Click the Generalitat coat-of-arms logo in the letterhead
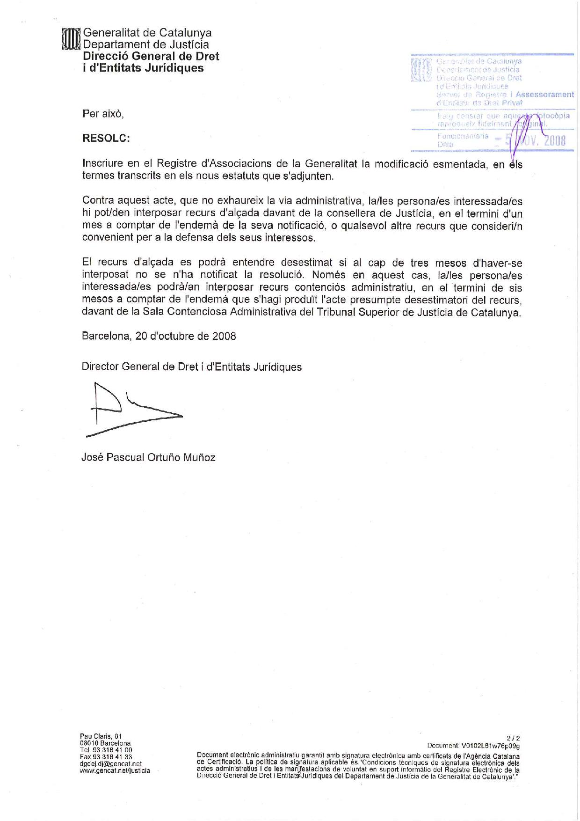[x=72, y=39]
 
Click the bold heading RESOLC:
[x=106, y=138]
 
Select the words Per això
[x=103, y=114]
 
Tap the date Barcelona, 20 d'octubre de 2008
[x=159, y=336]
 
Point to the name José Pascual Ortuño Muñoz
[x=148, y=457]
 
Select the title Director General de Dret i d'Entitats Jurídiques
[x=191, y=367]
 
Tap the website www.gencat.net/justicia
[x=115, y=770]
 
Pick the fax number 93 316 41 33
[x=112, y=756]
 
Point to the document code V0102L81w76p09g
[x=490, y=746]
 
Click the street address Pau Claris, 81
[x=101, y=736]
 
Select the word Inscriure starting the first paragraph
[x=102, y=163]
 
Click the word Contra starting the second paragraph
[x=98, y=201]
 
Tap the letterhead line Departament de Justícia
[x=145, y=44]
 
